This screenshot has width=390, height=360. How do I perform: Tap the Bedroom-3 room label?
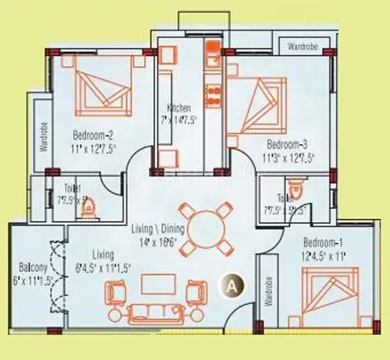(289, 144)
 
